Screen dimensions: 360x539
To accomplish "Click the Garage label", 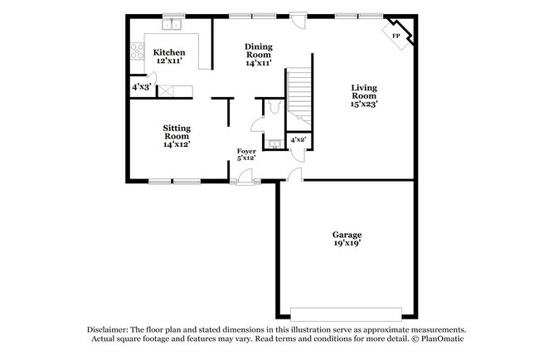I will click(x=347, y=235).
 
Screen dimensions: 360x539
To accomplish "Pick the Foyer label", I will click(x=246, y=151).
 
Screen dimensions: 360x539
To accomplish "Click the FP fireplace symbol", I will click(x=396, y=36).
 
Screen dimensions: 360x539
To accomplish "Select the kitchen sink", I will click(x=173, y=26).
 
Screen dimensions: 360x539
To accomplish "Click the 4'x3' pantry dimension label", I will click(x=141, y=86).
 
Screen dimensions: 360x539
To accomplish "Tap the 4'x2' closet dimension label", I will click(x=298, y=140).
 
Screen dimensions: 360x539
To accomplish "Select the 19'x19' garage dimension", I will click(x=347, y=246).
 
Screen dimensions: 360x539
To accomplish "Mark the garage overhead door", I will click(x=347, y=313).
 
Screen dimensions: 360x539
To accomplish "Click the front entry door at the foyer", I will click(x=245, y=178).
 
